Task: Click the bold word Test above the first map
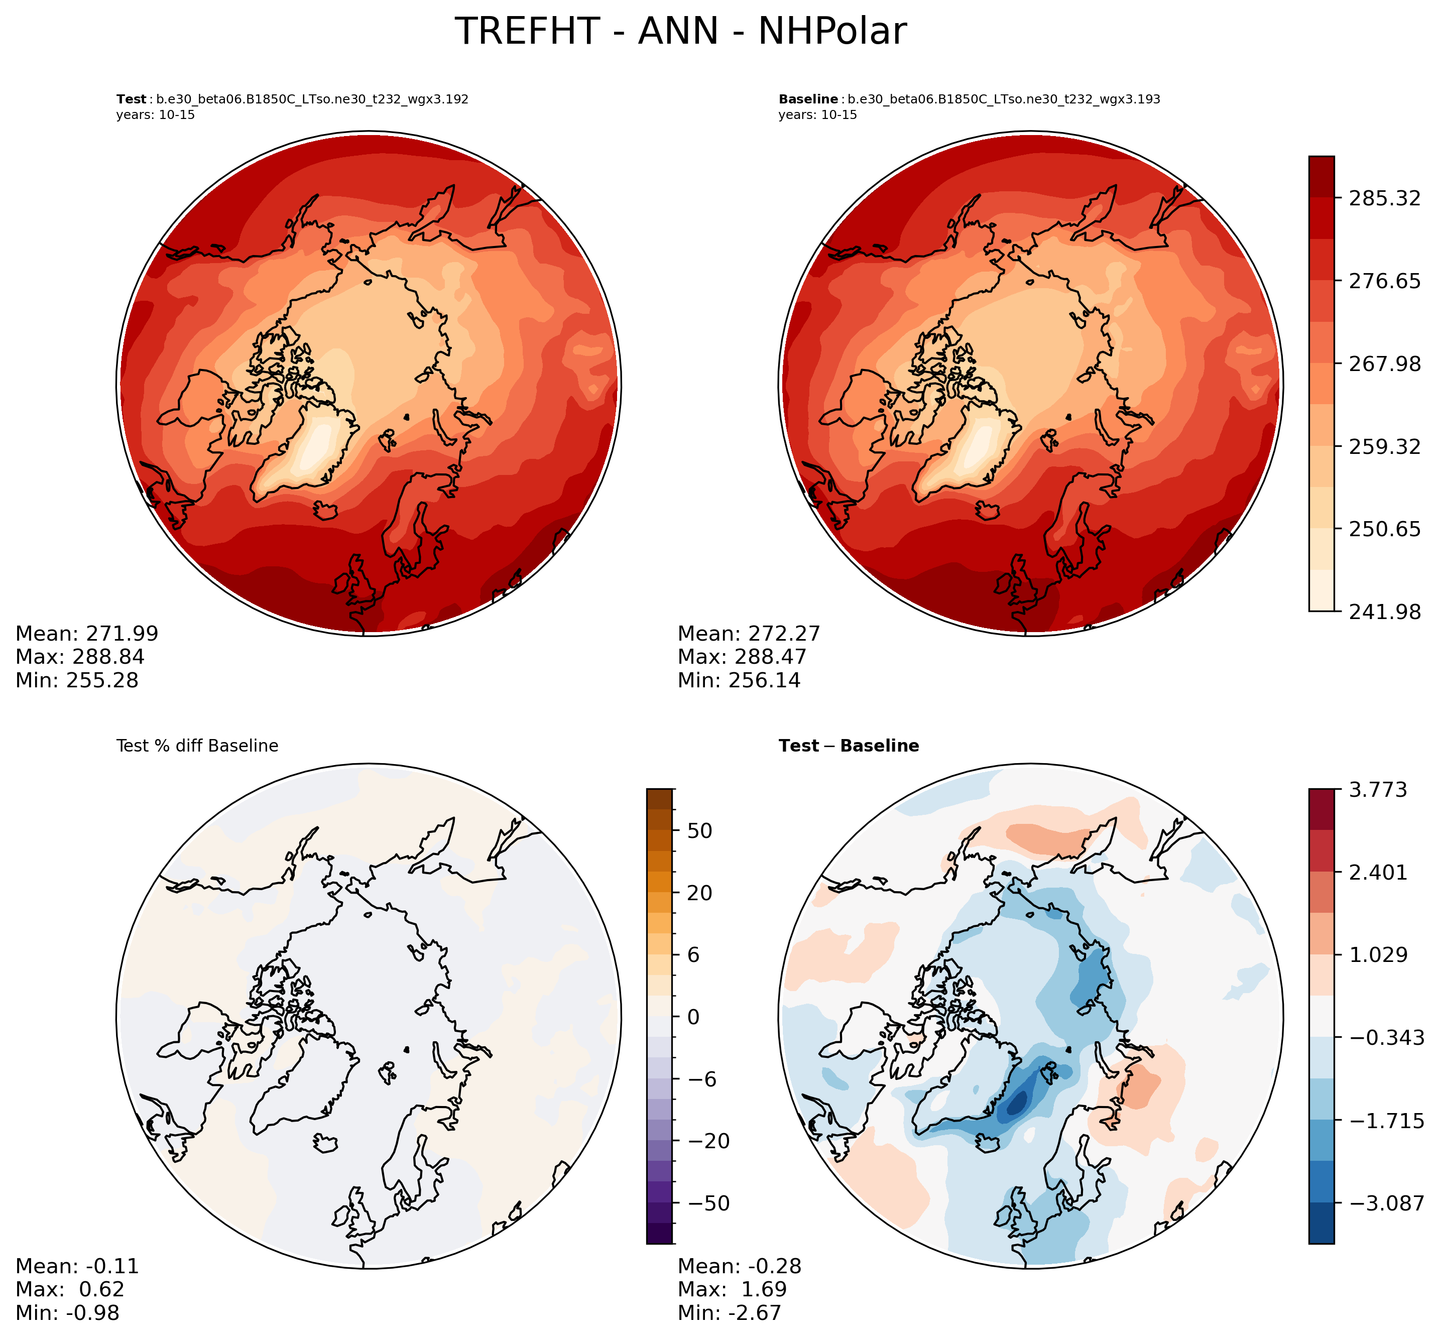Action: (131, 99)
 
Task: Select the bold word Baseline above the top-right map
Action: (808, 99)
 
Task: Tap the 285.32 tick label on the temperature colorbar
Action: (1384, 198)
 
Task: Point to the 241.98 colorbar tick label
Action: (1384, 612)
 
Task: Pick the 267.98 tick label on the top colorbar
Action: (1384, 363)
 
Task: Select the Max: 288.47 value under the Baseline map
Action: (742, 657)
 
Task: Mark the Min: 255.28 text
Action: (77, 680)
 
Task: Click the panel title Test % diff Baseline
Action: (197, 746)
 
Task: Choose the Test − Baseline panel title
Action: (849, 746)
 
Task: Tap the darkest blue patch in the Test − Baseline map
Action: (1017, 1104)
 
